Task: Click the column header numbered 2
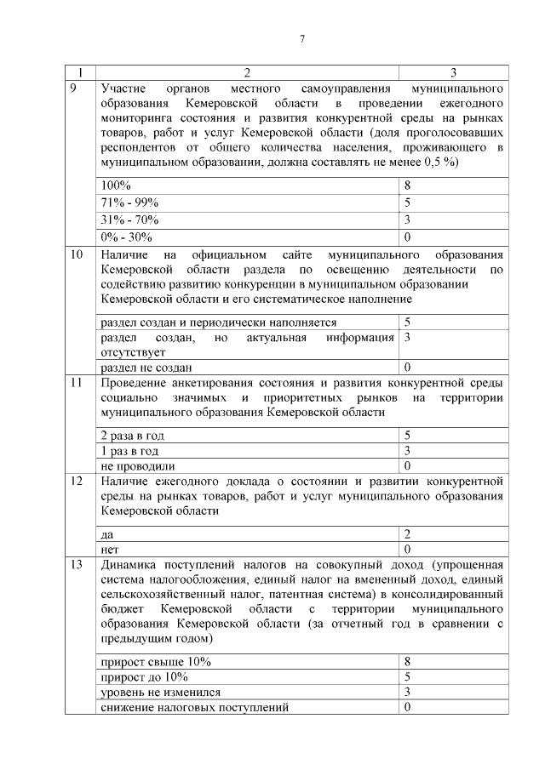point(247,72)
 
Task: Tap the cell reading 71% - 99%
point(129,202)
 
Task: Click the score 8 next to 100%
point(408,185)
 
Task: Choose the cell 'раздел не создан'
point(146,368)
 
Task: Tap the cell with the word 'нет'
point(109,550)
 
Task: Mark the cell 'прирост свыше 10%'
point(155,661)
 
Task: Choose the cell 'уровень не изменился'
point(160,692)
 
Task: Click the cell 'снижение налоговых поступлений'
point(194,707)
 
